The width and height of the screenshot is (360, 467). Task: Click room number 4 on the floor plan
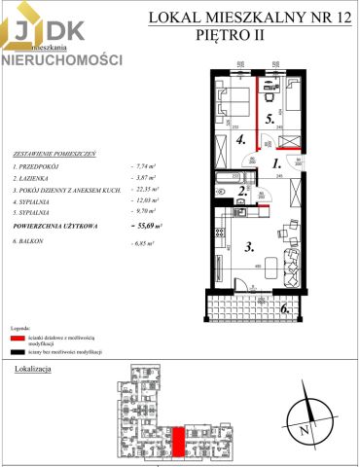click(x=239, y=139)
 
